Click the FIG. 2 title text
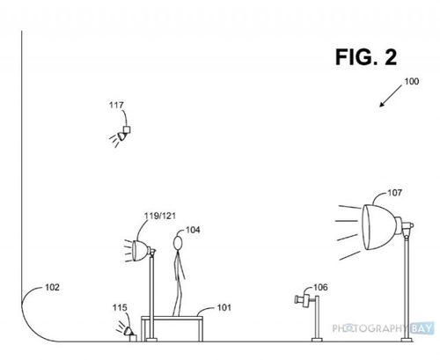366,57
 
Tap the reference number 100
412,81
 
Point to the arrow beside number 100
391,96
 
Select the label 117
116,105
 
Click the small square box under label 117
127,129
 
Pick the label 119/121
160,216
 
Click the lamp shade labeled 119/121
140,251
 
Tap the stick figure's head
178,243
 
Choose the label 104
193,230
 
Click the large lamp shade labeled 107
379,227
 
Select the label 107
395,193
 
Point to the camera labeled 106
303,300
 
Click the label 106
320,287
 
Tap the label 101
224,307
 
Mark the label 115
120,307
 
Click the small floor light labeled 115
129,333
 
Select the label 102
52,287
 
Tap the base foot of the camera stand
317,340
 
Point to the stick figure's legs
178,297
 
